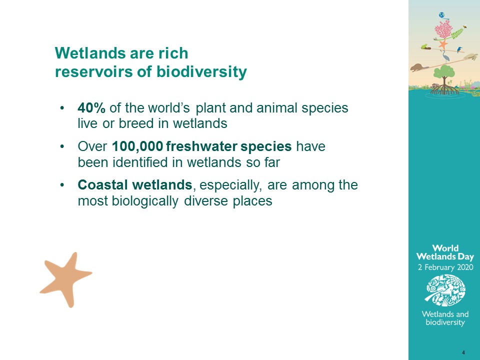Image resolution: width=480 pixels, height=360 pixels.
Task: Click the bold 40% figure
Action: [x=91, y=108]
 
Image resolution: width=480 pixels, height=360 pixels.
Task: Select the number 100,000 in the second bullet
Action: [x=137, y=146]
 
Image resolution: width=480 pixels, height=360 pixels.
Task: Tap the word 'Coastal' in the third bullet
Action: [x=102, y=185]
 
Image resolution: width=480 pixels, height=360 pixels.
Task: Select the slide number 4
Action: [x=463, y=352]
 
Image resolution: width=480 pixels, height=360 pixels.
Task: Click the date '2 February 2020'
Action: [x=445, y=267]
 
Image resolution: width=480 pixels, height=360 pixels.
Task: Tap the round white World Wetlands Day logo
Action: [x=445, y=290]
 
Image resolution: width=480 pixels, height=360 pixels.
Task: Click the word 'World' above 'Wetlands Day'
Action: [x=445, y=248]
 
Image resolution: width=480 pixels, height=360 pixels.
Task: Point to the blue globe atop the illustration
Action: [x=441, y=15]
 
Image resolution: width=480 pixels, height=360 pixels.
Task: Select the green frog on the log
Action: [x=424, y=46]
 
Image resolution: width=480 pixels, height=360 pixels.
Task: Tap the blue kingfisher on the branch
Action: [x=459, y=49]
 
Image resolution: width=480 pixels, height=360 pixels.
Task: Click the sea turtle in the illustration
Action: [x=471, y=56]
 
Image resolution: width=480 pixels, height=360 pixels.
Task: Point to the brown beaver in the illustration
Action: [x=418, y=67]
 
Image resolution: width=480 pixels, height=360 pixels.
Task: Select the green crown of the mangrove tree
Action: [x=444, y=72]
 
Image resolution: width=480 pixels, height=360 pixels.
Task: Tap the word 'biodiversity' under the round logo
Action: [x=445, y=322]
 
